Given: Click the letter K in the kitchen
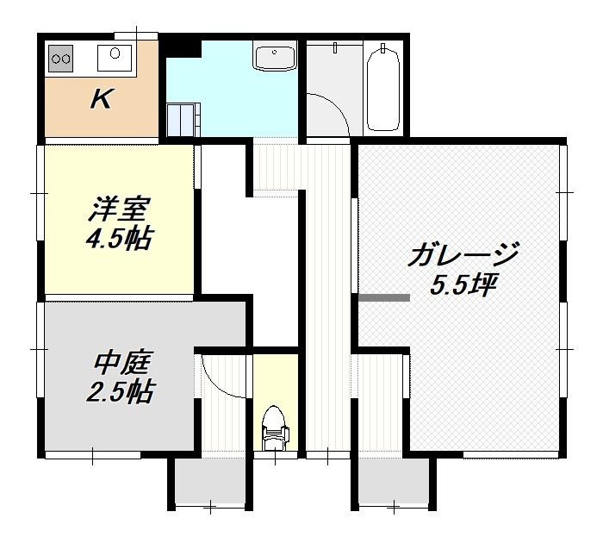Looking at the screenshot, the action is tap(103, 99).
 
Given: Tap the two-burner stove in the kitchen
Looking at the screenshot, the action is tap(61, 59).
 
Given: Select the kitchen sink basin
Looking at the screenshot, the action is tap(115, 58).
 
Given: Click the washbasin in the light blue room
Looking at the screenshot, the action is tap(275, 59).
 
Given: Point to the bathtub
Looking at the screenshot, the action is tap(382, 90).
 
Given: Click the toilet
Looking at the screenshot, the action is tap(275, 428).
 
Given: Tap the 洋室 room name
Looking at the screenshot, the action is tap(117, 209).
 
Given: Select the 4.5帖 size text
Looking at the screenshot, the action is tap(119, 239).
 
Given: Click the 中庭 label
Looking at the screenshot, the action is tap(121, 362).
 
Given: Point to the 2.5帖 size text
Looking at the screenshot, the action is tap(120, 391).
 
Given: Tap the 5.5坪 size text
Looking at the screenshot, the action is tap(463, 285).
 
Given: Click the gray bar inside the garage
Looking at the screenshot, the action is tap(384, 297).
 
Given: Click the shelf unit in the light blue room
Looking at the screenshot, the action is tap(183, 119).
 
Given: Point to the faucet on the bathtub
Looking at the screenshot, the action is tap(382, 47).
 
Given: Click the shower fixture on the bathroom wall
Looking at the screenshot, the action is tap(335, 47).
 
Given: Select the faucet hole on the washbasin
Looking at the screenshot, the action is tap(275, 52).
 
